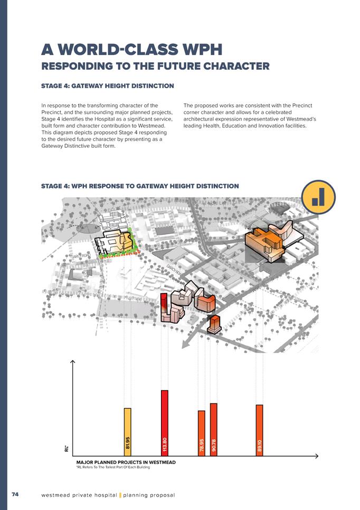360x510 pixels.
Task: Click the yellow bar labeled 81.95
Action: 127,431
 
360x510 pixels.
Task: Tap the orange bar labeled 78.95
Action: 201,432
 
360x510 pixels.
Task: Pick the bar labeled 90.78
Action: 213,429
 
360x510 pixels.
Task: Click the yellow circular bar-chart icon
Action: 318,197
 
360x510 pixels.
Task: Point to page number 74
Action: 15,494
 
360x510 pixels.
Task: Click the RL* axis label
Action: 67,449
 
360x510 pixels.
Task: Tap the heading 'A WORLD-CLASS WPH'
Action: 131,50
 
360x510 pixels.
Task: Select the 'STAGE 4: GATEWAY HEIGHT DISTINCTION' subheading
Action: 107,86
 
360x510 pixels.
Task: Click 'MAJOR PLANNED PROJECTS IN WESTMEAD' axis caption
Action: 126,462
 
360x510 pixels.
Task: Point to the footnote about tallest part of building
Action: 113,468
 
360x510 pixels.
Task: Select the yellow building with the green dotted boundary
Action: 116,243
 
